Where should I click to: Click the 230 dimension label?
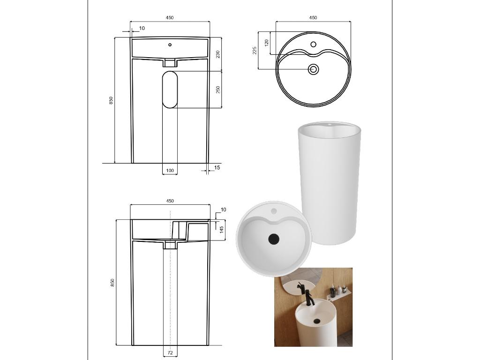[218, 54]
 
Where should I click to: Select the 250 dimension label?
[218, 90]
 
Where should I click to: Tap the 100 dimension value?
[170, 171]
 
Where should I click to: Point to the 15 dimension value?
[217, 167]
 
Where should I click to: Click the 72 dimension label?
[170, 352]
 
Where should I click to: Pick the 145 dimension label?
[222, 228]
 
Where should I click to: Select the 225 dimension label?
[255, 51]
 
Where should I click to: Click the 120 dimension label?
[266, 43]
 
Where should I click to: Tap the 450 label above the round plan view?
[313, 17]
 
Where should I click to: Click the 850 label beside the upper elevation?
[111, 100]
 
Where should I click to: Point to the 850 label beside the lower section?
[112, 282]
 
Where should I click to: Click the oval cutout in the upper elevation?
[170, 90]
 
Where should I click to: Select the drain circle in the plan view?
[313, 69]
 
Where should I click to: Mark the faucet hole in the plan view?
[313, 45]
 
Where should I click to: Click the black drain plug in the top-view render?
[274, 239]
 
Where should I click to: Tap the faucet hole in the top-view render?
[274, 211]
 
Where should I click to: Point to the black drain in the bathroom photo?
[317, 321]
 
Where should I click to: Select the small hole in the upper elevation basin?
[170, 45]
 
